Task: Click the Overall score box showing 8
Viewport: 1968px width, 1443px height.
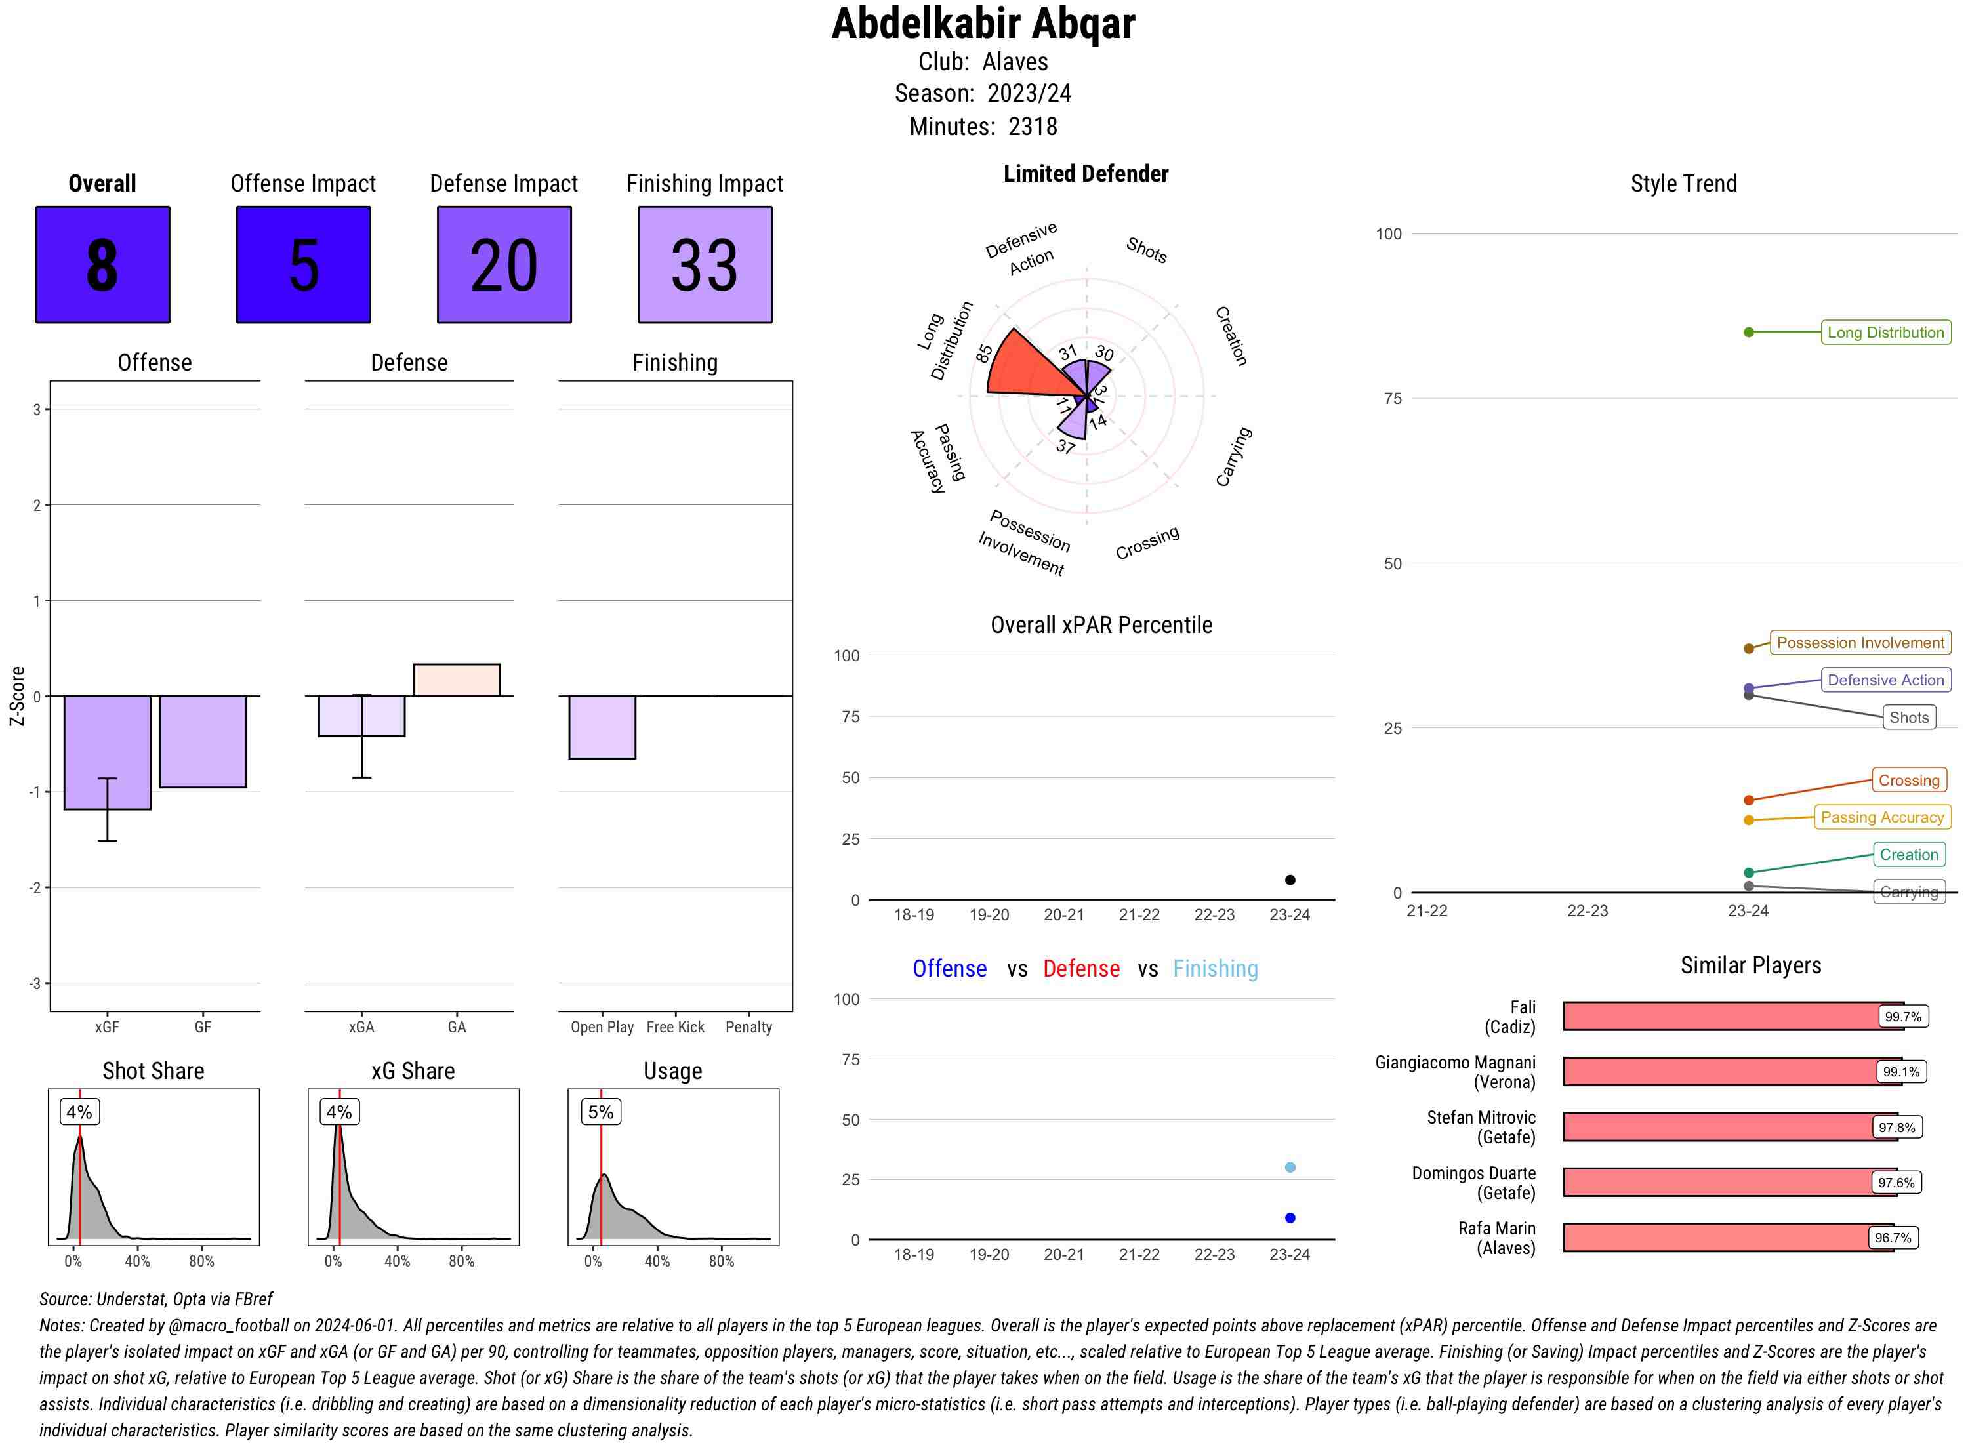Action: coord(102,265)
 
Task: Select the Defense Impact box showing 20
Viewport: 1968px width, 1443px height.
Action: coord(504,265)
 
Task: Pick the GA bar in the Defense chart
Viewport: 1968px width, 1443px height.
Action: coord(457,680)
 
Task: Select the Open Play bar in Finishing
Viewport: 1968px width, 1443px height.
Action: coord(602,727)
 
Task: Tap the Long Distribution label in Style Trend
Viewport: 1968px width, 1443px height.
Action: coord(1885,332)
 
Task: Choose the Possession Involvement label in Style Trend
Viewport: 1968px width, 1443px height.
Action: coord(1860,643)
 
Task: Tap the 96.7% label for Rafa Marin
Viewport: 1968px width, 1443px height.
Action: coord(1892,1238)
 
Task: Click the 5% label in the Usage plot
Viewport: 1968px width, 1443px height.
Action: coord(600,1112)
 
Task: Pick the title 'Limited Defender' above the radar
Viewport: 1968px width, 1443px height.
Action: coord(1085,174)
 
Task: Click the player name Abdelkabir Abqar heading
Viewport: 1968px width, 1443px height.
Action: coord(983,24)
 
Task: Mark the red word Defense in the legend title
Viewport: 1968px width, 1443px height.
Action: coord(1080,969)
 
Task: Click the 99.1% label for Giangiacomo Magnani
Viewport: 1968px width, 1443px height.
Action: coord(1900,1072)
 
